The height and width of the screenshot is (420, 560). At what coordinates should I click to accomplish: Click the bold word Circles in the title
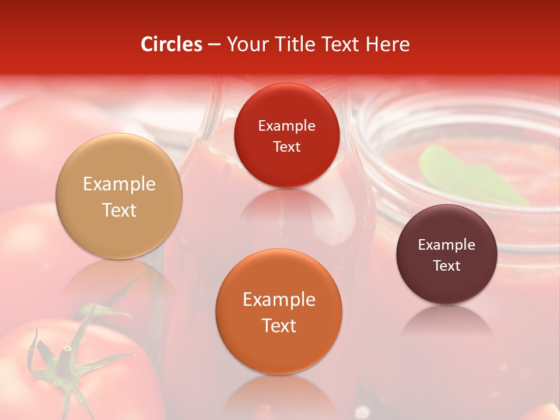click(171, 44)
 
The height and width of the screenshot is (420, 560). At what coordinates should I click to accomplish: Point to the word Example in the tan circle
click(119, 184)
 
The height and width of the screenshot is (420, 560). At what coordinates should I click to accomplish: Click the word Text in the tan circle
click(119, 210)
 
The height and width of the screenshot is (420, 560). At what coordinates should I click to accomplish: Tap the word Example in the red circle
click(286, 126)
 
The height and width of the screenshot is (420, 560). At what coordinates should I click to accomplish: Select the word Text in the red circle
click(286, 147)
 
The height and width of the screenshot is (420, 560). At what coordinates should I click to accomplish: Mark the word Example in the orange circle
click(279, 300)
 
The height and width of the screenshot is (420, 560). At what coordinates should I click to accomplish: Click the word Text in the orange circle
click(279, 325)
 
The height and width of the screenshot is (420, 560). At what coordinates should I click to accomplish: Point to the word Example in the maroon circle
click(447, 245)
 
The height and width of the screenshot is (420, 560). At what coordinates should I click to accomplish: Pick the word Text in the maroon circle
click(447, 266)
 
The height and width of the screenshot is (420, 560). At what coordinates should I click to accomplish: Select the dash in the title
click(214, 45)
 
